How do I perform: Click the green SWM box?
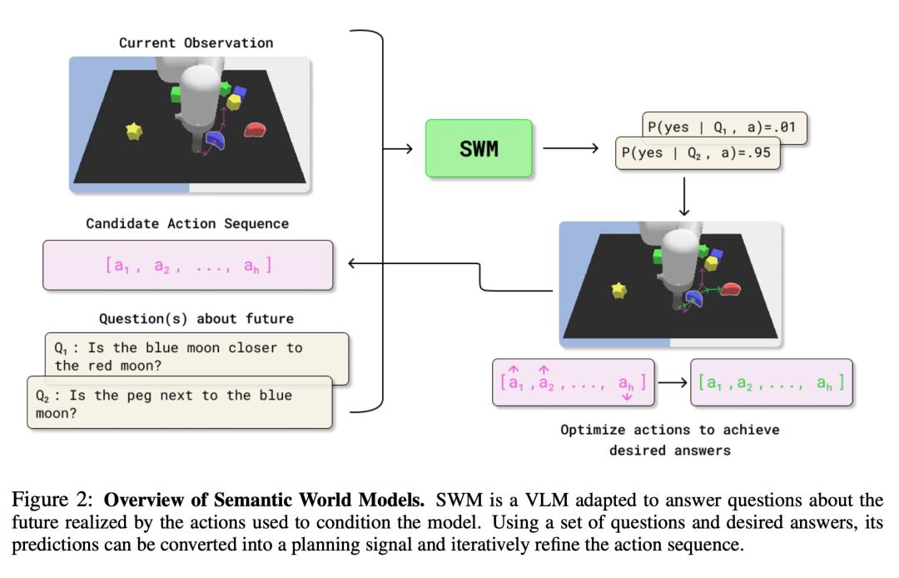tap(479, 148)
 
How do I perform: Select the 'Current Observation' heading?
tap(196, 42)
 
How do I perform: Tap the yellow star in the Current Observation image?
tap(134, 131)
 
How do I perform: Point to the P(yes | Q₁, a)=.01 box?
tap(723, 127)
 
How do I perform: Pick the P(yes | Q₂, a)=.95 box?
tap(698, 154)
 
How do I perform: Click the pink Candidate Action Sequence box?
tap(188, 265)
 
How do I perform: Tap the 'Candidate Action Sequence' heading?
tap(187, 223)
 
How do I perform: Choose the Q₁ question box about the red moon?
tap(196, 356)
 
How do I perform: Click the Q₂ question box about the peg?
tap(179, 403)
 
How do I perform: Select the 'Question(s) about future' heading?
tap(196, 318)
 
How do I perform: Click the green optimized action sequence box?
tap(771, 382)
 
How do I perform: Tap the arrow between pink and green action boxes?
tap(673, 383)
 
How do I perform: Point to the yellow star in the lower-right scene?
tap(618, 290)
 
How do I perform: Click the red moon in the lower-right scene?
tap(731, 289)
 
